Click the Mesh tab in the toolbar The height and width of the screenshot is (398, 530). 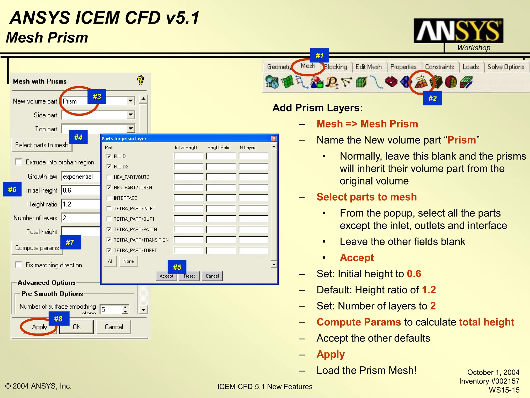coord(308,66)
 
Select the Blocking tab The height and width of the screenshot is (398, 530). coord(336,67)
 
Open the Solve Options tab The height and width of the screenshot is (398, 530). coord(506,67)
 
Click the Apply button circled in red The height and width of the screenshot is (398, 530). coord(39,327)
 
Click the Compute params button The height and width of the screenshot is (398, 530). coord(37,248)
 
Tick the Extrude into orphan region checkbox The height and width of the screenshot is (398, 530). coord(19,162)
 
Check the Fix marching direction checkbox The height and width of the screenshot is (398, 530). coord(19,265)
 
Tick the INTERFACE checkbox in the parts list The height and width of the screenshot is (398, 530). coord(109,198)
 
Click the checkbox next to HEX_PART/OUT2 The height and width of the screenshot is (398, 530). coord(109,177)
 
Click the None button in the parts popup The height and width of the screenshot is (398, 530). coord(128,261)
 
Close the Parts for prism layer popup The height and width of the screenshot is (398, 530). coord(274,139)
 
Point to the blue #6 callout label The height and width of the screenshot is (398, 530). coord(12,189)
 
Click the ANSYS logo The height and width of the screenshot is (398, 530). coord(458,31)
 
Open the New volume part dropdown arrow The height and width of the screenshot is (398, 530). coord(131,101)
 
